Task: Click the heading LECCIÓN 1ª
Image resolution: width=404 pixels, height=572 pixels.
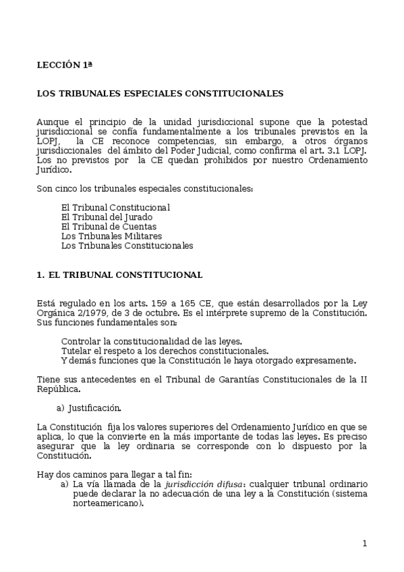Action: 64,65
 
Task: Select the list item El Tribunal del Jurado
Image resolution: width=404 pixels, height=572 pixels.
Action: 107,217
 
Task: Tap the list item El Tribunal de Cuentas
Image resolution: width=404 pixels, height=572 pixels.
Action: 109,227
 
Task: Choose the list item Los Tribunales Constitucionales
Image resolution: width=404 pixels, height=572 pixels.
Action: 127,246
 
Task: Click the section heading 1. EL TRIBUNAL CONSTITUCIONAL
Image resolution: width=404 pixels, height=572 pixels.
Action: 119,275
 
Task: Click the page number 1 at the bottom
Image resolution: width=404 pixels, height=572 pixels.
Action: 364,544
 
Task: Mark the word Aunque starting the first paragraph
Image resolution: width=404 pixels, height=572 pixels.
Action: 52,121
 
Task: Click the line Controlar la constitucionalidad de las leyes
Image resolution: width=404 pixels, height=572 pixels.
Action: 152,341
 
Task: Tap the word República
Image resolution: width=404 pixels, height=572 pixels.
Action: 58,389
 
